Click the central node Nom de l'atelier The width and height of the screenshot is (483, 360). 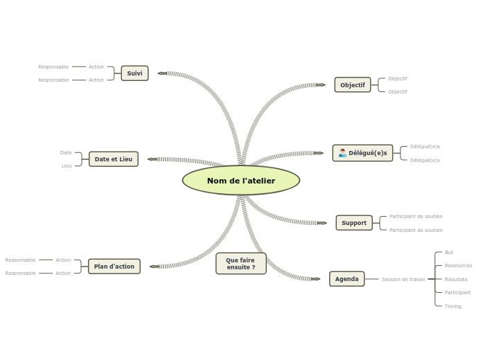pos(241,181)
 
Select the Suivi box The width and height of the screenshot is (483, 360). pos(134,73)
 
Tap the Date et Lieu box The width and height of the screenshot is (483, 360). pos(113,159)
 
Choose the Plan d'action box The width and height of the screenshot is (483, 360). pos(114,267)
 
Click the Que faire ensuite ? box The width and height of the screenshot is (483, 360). pos(240,264)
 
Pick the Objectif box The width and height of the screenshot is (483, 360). pos(352,85)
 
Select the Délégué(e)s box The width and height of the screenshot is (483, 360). pos(362,153)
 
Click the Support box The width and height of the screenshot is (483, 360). pos(353,223)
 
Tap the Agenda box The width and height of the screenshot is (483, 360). pos(346,279)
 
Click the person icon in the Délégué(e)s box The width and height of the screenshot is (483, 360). pos(342,153)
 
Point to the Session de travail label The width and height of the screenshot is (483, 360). pos(403,280)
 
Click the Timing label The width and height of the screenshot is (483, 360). pos(453,306)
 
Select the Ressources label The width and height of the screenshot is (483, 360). pos(458,266)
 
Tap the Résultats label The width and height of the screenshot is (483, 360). pos(456,280)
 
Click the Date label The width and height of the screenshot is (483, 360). pos(66,153)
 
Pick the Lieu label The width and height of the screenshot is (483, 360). pos(67,166)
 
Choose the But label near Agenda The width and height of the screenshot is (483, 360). pos(449,253)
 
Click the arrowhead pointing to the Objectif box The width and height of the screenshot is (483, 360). pos(321,85)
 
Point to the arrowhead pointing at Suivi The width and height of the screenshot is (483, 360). pos(161,73)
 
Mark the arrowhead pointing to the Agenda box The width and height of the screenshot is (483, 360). pos(316,279)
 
